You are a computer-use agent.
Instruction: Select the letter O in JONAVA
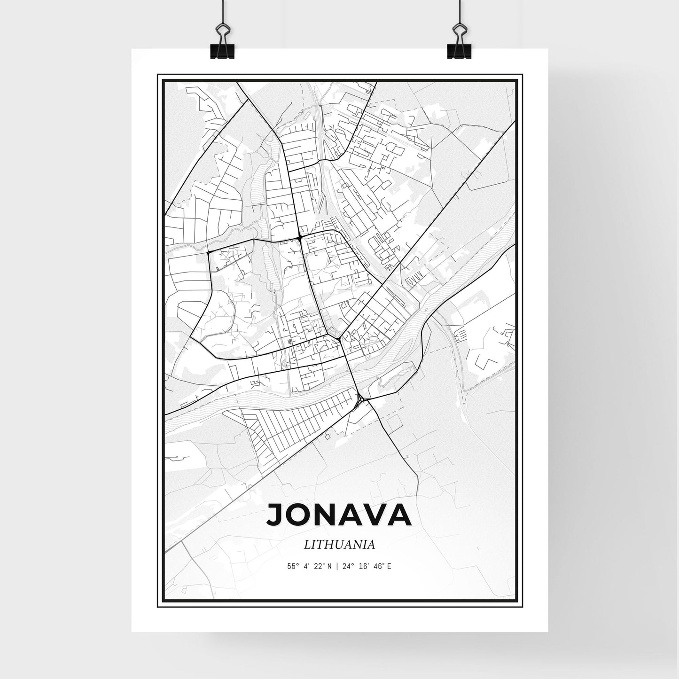[299, 515]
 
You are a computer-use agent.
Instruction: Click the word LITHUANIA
[339, 545]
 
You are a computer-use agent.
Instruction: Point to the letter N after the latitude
[329, 567]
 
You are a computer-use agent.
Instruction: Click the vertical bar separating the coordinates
[336, 567]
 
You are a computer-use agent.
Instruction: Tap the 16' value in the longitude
[362, 567]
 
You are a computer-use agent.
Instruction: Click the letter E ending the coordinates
[390, 567]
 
